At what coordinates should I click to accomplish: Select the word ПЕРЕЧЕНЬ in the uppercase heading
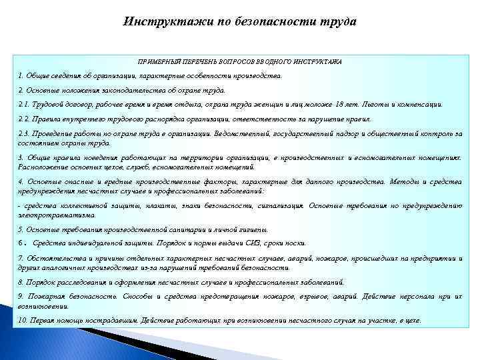click(189, 61)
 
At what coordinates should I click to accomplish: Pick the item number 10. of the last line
click(23, 320)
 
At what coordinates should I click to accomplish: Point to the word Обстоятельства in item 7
click(52, 257)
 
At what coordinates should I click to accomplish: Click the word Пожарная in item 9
click(41, 295)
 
